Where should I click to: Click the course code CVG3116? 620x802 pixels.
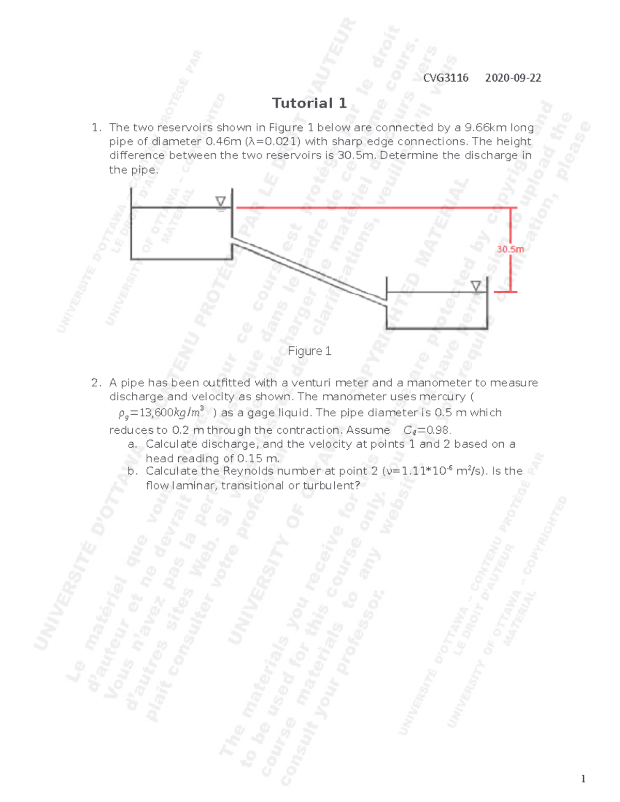coord(445,78)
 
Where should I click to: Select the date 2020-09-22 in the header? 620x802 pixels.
coord(513,78)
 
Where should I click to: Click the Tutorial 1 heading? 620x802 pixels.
coord(309,103)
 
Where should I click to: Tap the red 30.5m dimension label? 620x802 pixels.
coord(510,249)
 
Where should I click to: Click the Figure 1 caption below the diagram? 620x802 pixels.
coord(309,351)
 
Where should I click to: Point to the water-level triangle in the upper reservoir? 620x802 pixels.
coord(221,202)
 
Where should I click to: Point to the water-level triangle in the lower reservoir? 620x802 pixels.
coord(476,286)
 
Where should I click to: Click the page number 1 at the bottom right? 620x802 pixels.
coord(583,779)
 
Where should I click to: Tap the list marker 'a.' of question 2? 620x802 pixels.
coord(132,444)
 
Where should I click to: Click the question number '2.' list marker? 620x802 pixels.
coord(96,383)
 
